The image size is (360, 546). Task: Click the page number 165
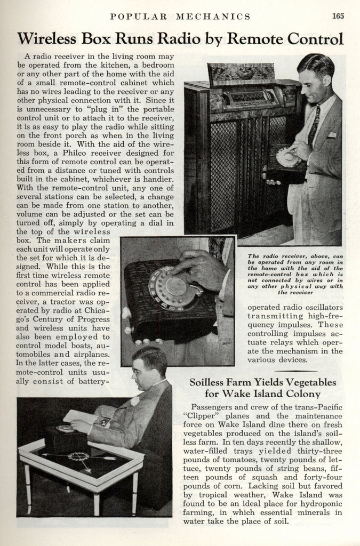point(338,16)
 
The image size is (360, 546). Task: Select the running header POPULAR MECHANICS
point(180,17)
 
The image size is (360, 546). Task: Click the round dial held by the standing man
point(287,157)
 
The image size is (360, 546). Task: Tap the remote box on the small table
point(65,437)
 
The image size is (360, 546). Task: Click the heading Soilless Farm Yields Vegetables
point(263,382)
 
